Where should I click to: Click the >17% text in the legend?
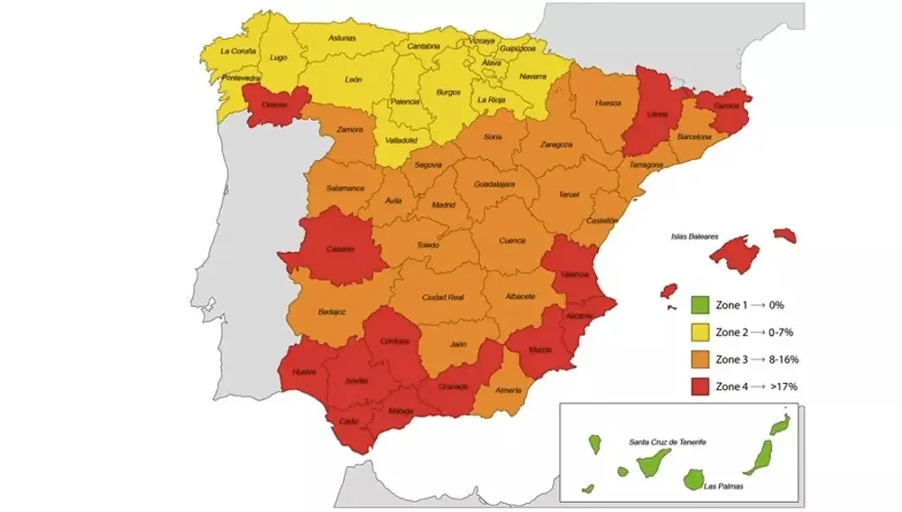click(x=784, y=386)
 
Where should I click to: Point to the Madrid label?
click(x=443, y=205)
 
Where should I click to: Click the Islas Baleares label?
click(x=694, y=237)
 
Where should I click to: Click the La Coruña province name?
click(x=238, y=51)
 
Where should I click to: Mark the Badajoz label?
click(x=332, y=312)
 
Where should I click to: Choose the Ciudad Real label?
click(x=442, y=297)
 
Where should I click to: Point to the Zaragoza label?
click(x=557, y=144)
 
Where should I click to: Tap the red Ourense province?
click(x=273, y=103)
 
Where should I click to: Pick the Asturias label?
click(x=342, y=39)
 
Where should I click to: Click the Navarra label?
click(x=532, y=77)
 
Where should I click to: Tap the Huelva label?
click(x=304, y=372)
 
